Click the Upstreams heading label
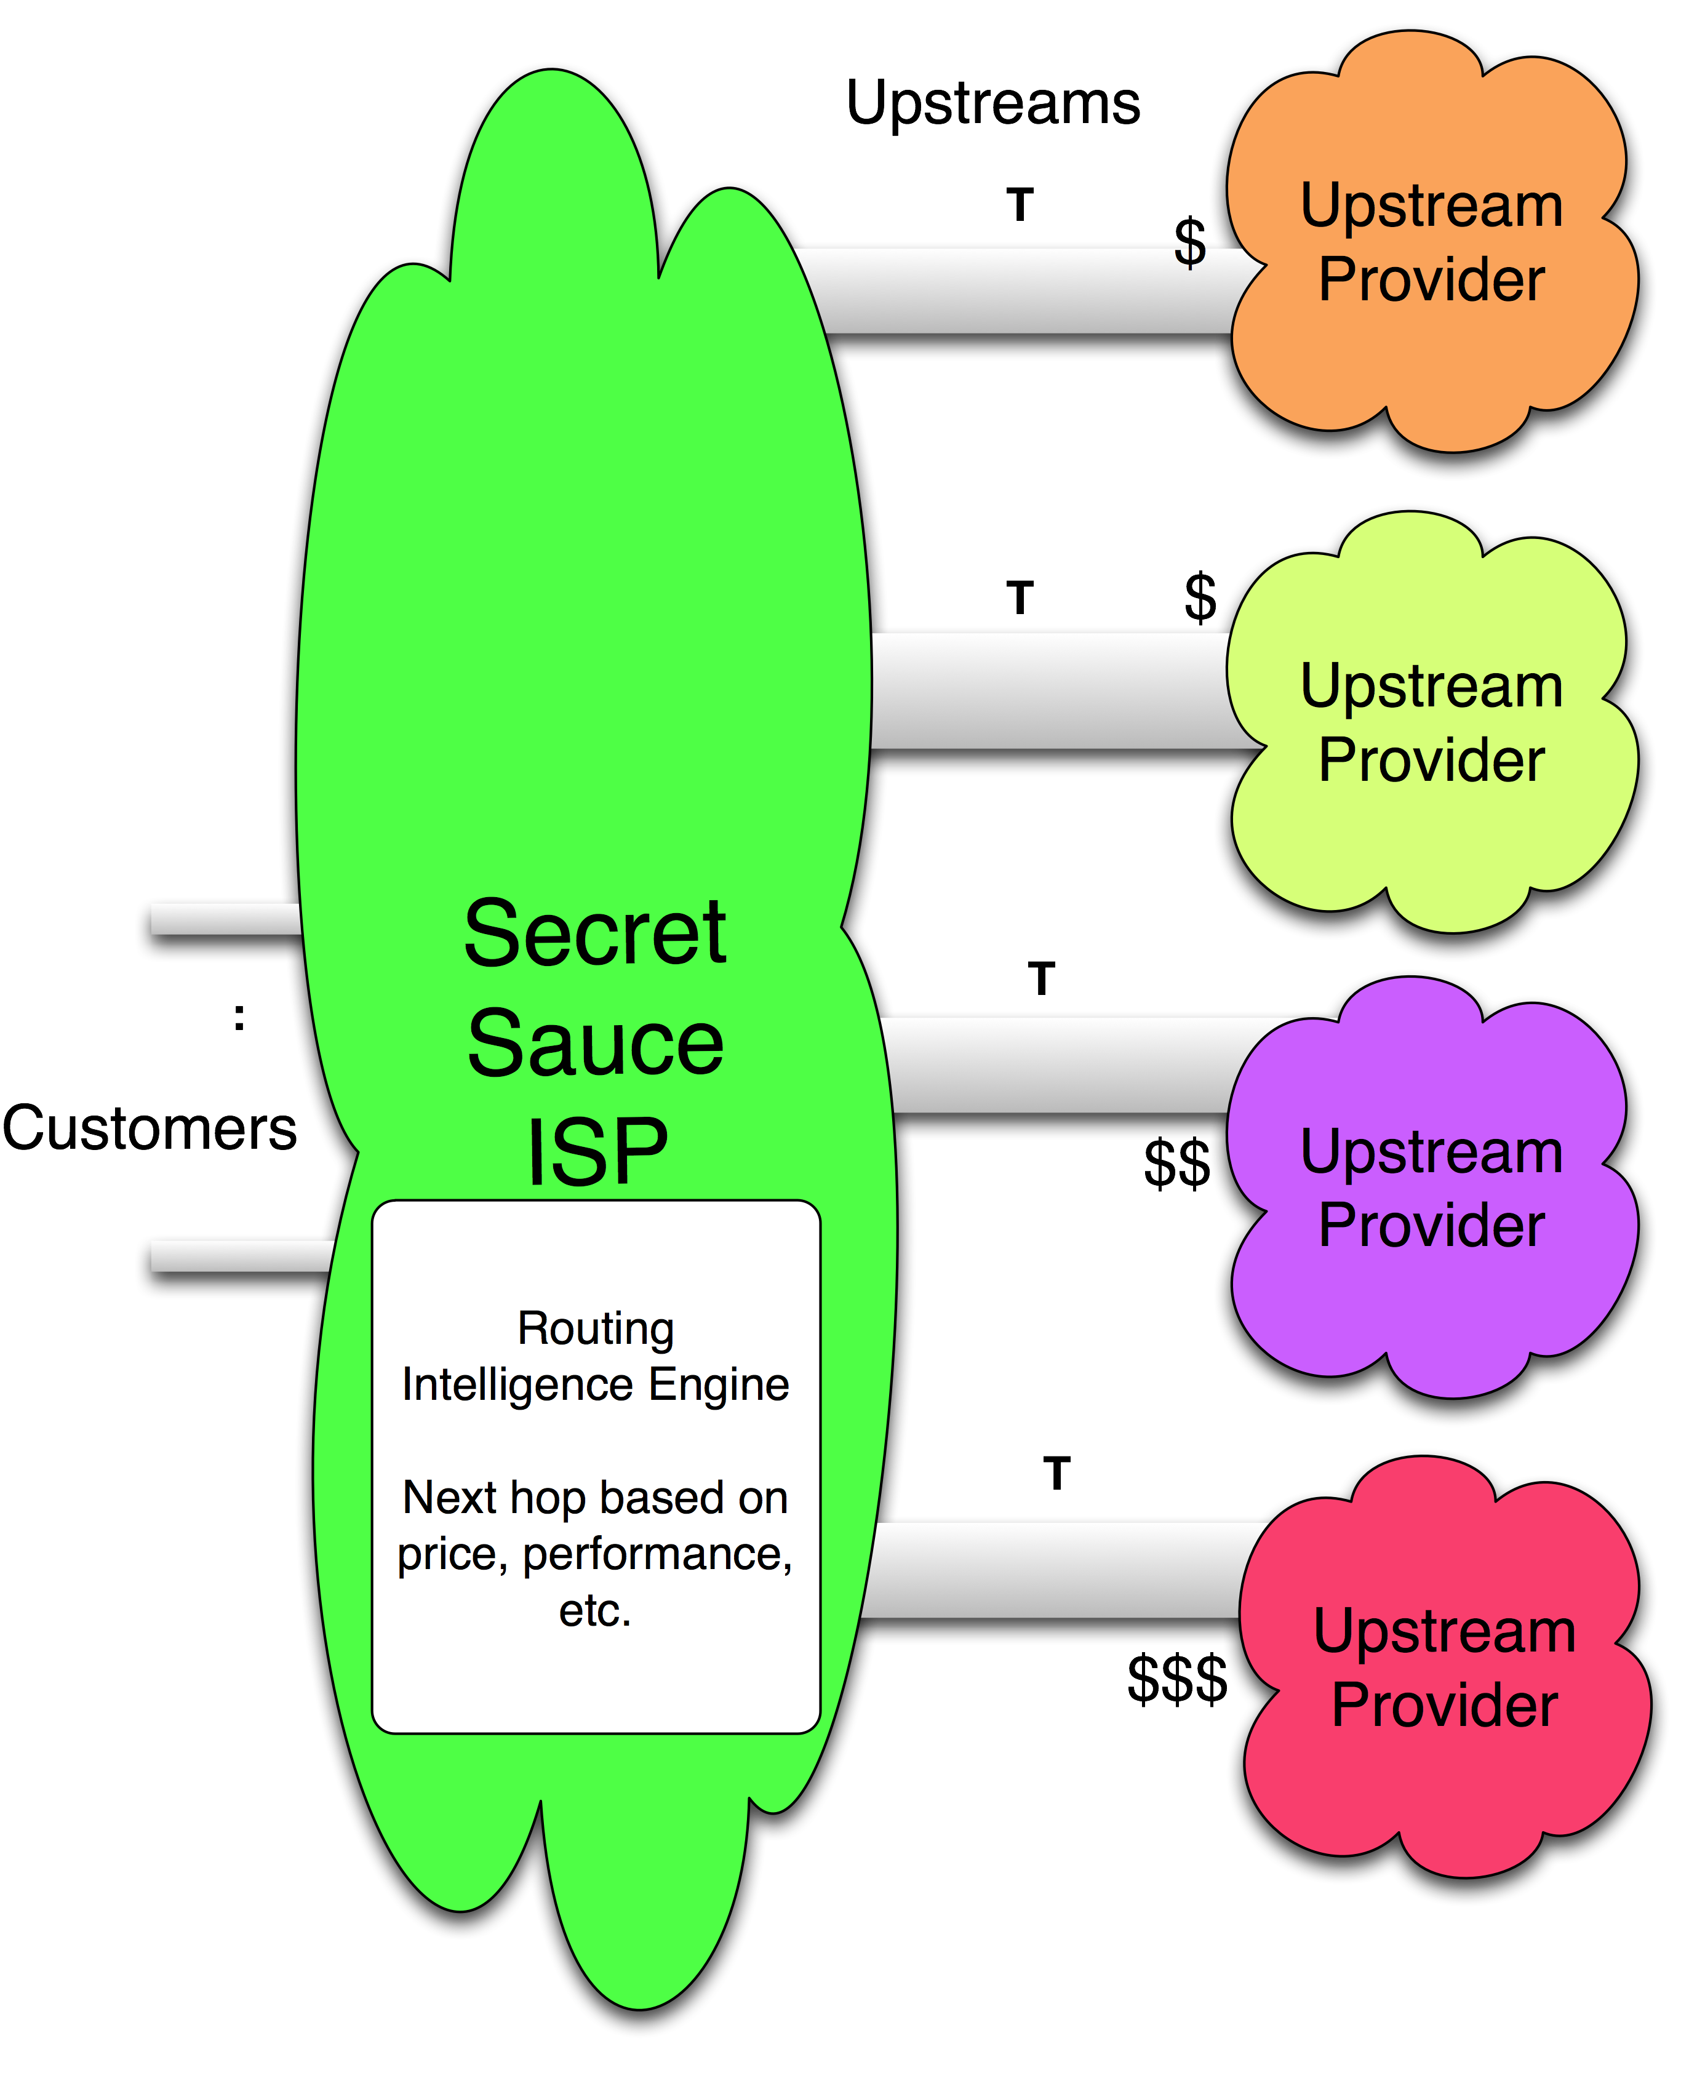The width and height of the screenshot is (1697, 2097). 992,103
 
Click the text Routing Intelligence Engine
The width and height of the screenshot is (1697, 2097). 596,1357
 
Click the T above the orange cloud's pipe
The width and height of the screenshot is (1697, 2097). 1020,206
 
